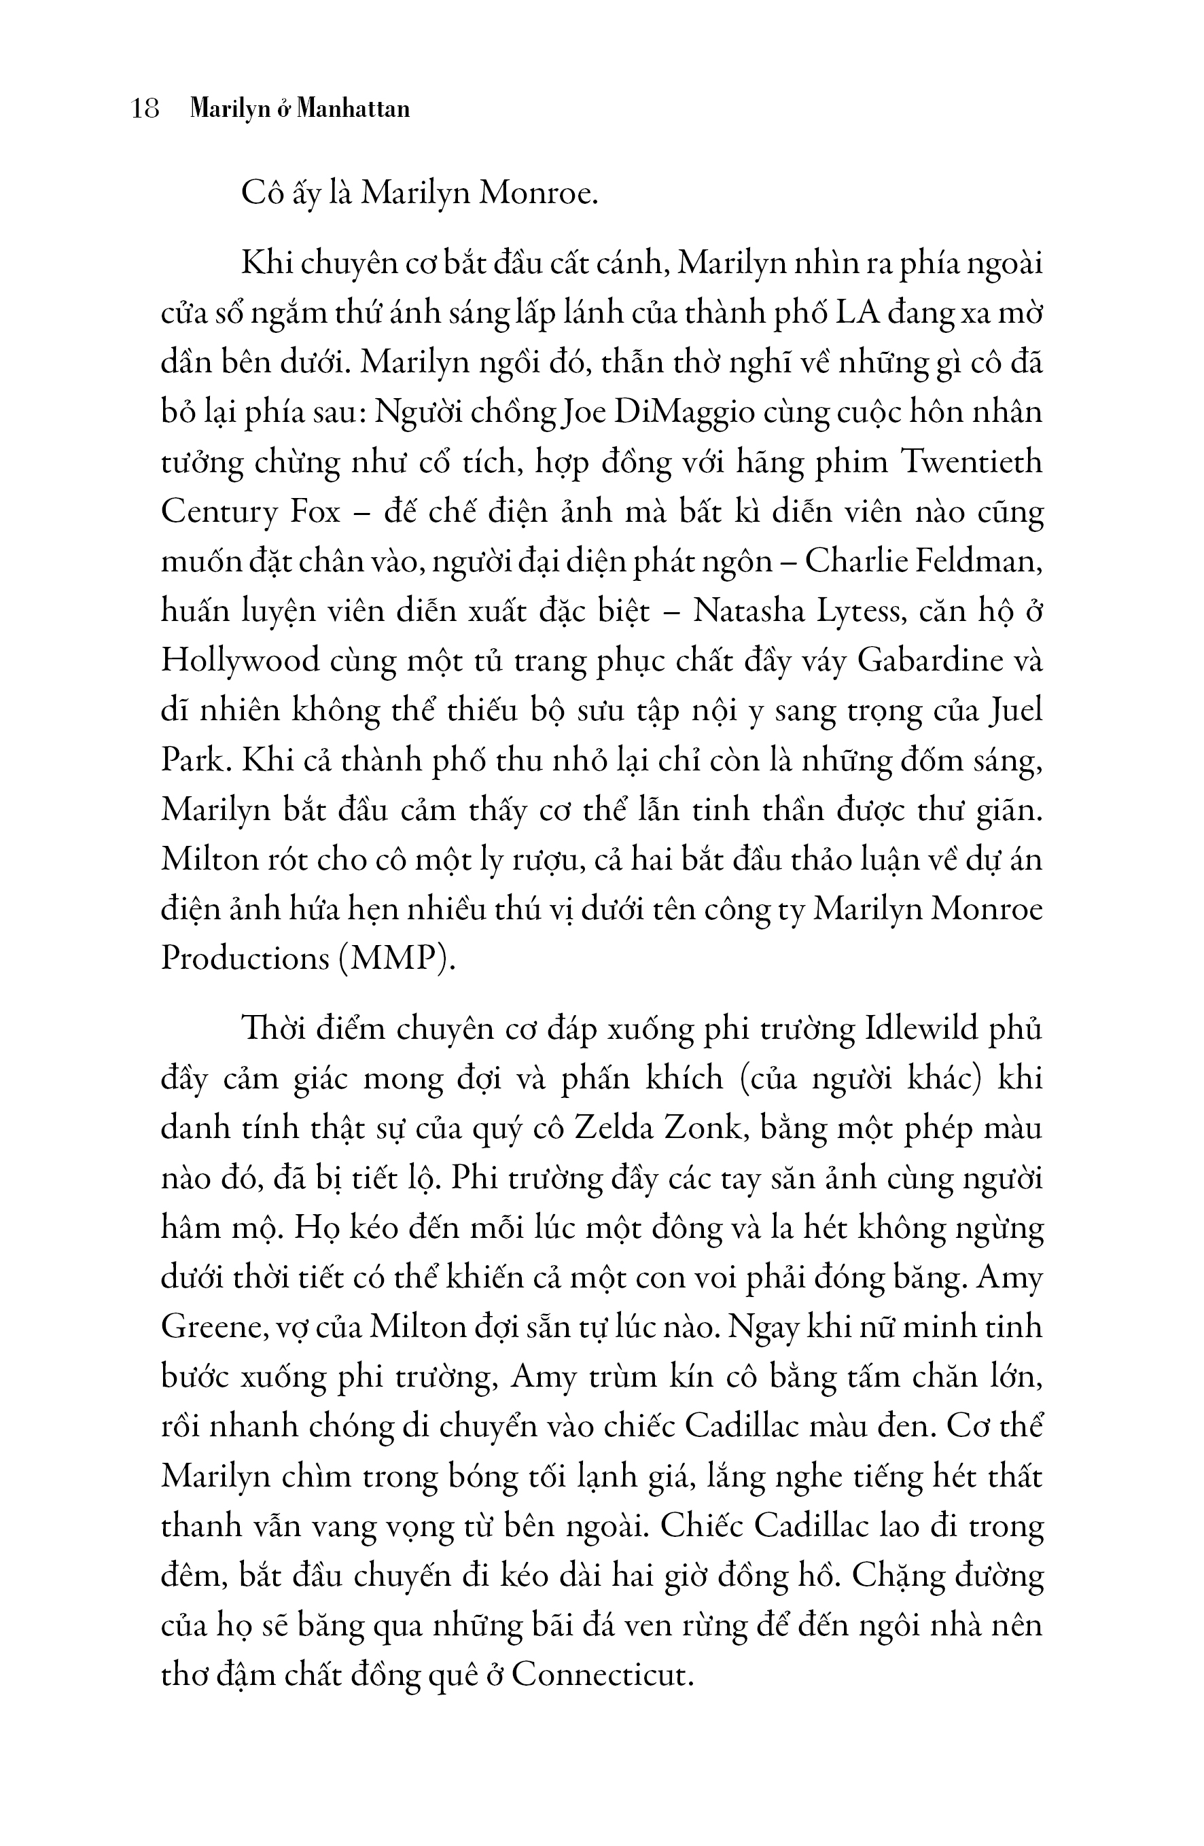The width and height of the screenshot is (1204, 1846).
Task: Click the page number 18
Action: pos(145,109)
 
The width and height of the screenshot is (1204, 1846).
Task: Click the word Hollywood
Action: pos(241,661)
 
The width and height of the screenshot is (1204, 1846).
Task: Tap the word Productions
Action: pos(244,959)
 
